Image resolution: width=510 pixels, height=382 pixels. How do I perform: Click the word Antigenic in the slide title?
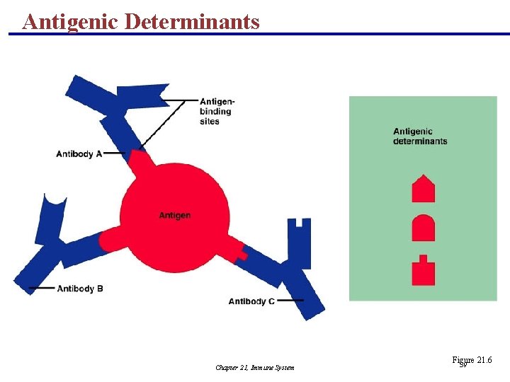[x=70, y=21]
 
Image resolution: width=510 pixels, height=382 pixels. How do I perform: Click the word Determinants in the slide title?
[x=192, y=21]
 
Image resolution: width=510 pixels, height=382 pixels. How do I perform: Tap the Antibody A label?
[x=79, y=154]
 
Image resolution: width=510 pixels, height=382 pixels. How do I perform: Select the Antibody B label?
[x=80, y=289]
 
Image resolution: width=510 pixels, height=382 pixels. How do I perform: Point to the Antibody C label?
[x=251, y=301]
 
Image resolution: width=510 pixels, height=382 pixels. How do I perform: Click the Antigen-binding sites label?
[x=217, y=111]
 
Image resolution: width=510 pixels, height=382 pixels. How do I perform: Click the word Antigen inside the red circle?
[x=174, y=215]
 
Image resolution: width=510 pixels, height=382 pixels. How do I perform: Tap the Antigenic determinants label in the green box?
[x=420, y=136]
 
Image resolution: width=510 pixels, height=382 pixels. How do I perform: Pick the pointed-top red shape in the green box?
[x=423, y=189]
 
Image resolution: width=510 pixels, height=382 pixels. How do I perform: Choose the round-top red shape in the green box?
[x=423, y=228]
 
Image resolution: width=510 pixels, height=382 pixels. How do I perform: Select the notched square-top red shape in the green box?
[x=423, y=270]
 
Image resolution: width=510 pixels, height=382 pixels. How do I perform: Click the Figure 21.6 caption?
[x=471, y=361]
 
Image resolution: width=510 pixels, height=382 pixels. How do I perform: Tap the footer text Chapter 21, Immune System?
[x=254, y=367]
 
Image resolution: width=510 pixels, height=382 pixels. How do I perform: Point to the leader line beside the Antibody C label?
[x=290, y=301]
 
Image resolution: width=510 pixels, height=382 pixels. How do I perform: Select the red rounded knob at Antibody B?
[x=108, y=241]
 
